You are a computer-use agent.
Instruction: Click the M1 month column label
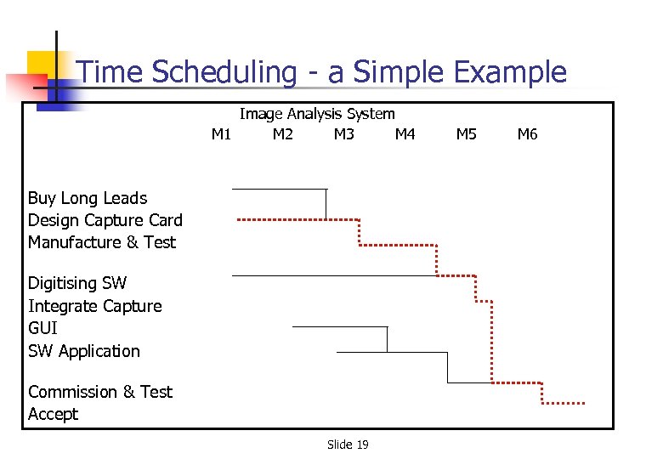[221, 134]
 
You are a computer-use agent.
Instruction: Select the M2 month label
[283, 134]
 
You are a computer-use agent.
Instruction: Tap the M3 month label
[344, 134]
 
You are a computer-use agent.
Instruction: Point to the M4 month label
[405, 134]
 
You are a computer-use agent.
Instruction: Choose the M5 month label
[467, 134]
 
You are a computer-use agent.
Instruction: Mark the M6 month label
[528, 134]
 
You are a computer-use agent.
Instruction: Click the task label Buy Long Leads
[88, 198]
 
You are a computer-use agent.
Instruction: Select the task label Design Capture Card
[105, 220]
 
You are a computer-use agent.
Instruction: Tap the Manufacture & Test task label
[101, 242]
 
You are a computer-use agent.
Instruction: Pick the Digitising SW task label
[77, 283]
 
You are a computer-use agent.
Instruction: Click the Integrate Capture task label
[94, 306]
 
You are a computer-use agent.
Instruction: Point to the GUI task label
[42, 328]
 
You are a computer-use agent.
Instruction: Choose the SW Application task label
[83, 351]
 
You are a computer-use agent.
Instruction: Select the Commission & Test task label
[99, 392]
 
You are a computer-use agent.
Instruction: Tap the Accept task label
[53, 414]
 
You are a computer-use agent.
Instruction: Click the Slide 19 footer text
[348, 445]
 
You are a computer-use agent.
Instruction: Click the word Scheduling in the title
[224, 73]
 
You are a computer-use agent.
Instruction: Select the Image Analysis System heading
[317, 114]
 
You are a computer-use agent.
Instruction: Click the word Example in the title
[510, 73]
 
